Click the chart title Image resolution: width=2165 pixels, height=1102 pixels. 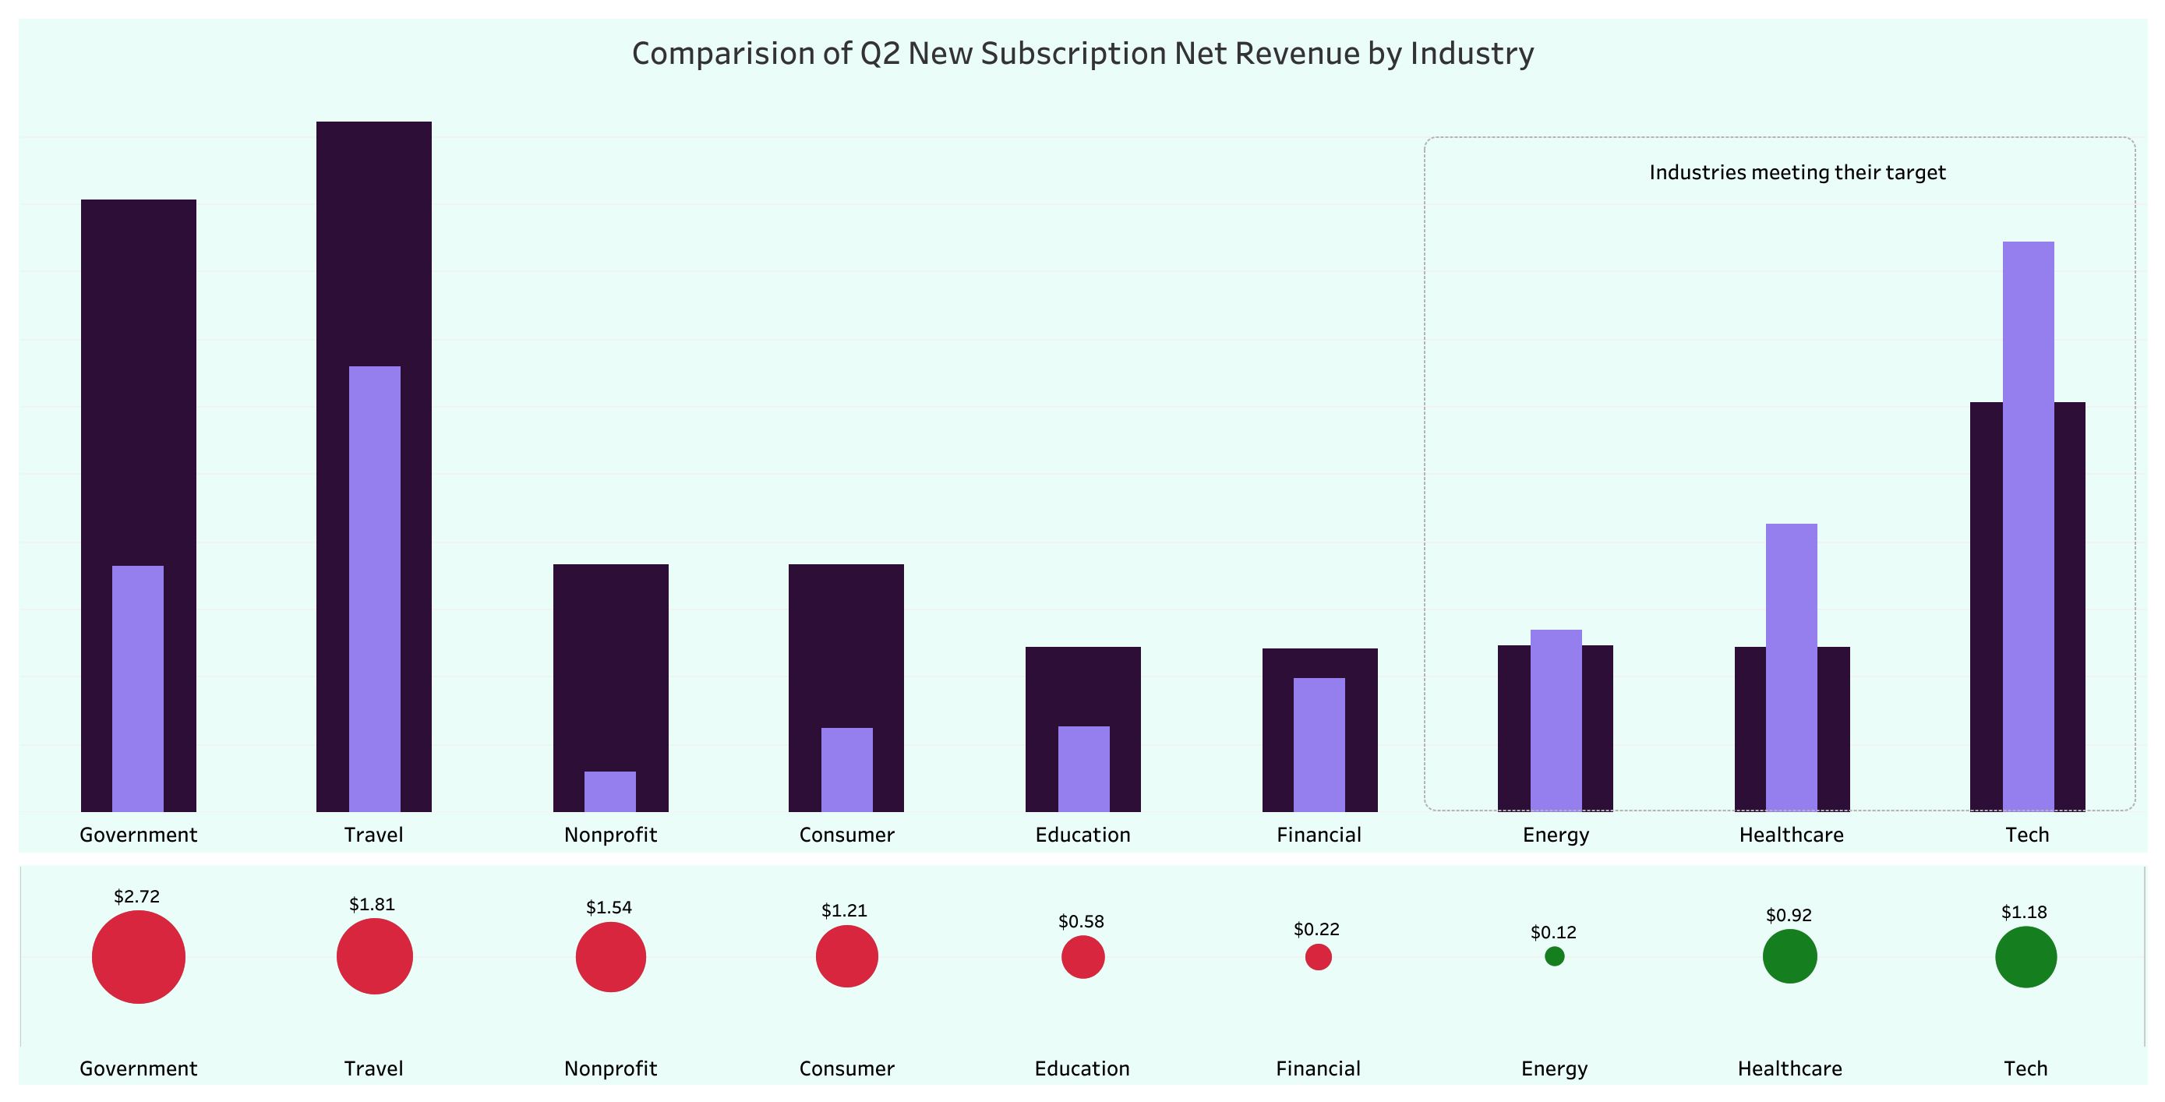pos(1082,54)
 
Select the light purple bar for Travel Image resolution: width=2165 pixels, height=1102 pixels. pos(375,588)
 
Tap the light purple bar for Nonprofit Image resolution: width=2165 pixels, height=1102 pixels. pos(610,791)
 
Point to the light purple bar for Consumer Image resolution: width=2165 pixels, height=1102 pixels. pos(846,769)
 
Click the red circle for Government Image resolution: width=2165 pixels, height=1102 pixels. pos(139,956)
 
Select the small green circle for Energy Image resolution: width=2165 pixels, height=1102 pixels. pos(1555,955)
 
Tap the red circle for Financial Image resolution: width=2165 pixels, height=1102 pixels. pos(1319,956)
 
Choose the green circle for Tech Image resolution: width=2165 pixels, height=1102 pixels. pos(2025,956)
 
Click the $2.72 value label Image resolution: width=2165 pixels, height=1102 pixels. pos(137,896)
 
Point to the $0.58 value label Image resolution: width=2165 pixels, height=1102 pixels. pos(1081,921)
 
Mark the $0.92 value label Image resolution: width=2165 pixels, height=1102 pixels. pos(1789,914)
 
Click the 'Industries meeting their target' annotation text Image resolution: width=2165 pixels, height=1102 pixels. pos(1797,172)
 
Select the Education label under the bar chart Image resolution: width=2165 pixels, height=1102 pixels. pos(1082,835)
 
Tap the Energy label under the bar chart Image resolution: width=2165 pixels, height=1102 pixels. pos(1556,835)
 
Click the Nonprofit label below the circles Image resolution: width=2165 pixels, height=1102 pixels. pos(610,1068)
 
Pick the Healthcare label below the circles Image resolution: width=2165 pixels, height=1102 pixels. pos(1789,1068)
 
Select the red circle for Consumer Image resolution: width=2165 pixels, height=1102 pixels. pos(846,956)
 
